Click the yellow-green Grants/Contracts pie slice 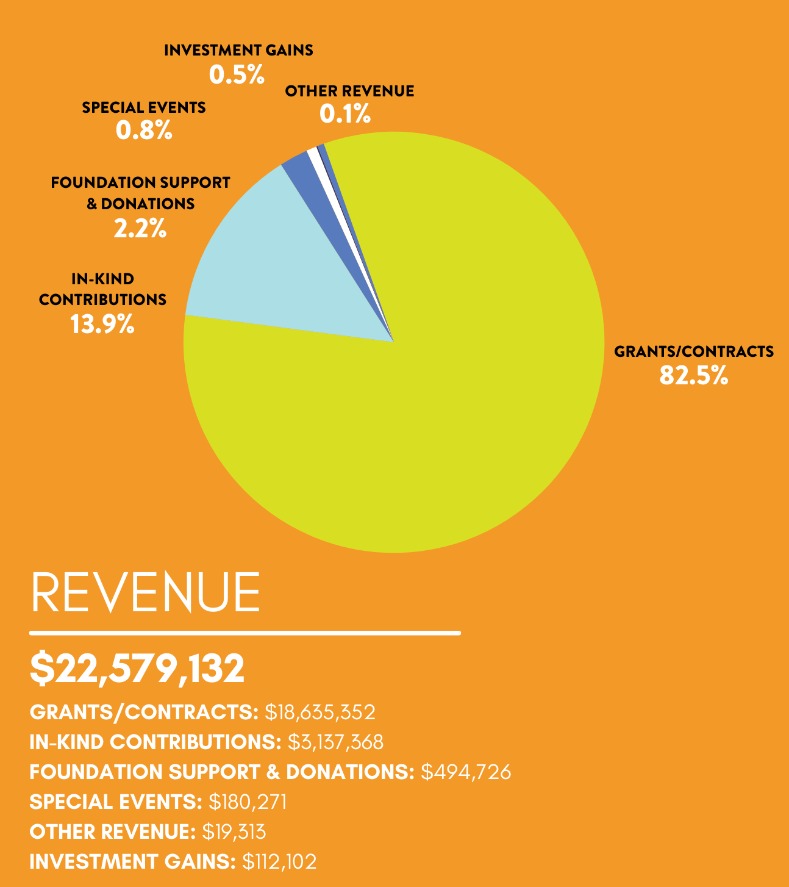(x=427, y=397)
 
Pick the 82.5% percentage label (x=693, y=376)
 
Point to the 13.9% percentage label (x=102, y=324)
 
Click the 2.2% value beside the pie (x=140, y=229)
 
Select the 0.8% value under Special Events (x=144, y=130)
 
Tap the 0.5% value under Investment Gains (x=237, y=75)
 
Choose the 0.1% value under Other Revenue (x=345, y=114)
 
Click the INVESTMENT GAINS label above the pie (x=238, y=50)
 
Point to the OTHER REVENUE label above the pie (x=349, y=91)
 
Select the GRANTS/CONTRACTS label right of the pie (x=693, y=351)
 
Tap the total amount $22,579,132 (x=137, y=668)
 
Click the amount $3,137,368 (x=335, y=742)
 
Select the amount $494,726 (x=466, y=772)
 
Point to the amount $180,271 (x=248, y=802)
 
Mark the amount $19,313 (x=234, y=831)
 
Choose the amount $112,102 (x=279, y=861)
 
